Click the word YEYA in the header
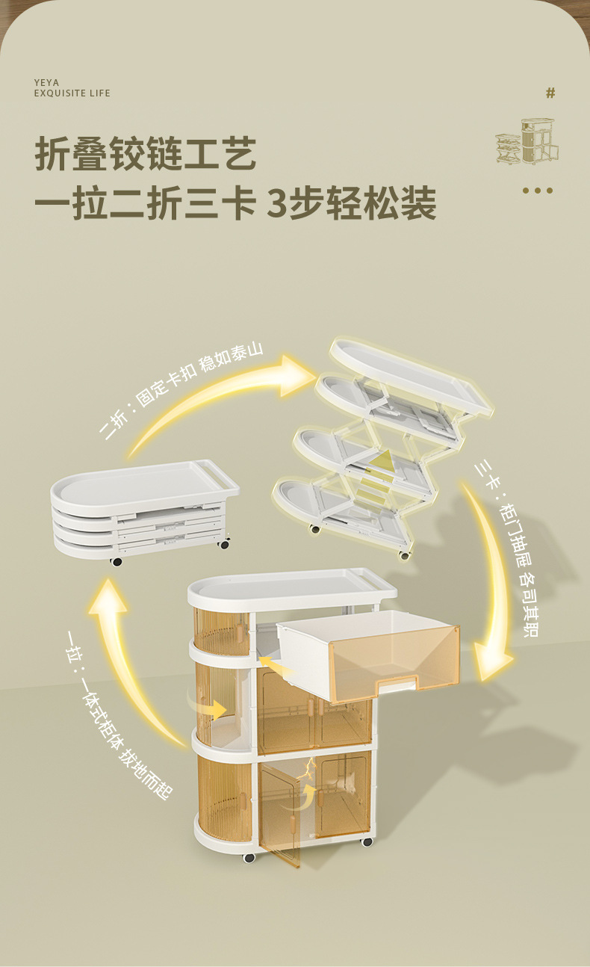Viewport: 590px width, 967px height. tap(46, 82)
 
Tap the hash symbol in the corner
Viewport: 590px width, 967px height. tap(550, 93)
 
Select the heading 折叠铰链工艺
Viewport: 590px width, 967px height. tap(146, 155)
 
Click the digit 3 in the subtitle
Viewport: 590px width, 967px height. tap(277, 204)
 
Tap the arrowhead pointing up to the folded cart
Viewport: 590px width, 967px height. tap(108, 598)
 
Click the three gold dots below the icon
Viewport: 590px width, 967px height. tap(537, 191)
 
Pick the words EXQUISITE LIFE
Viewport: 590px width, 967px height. tap(72, 93)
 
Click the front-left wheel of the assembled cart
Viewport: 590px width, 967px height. tap(249, 857)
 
